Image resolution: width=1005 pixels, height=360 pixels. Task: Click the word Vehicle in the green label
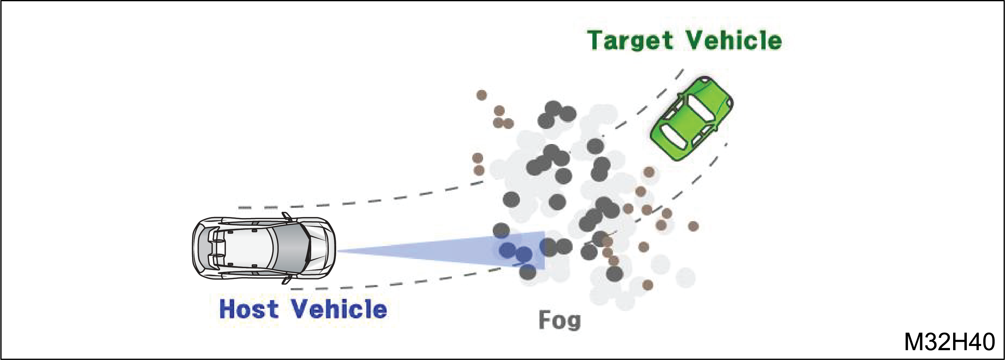[734, 40]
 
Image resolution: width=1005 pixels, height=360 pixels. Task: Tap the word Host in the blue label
[249, 309]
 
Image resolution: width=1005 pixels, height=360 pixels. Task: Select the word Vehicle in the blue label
[339, 309]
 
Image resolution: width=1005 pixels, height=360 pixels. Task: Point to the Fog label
[560, 321]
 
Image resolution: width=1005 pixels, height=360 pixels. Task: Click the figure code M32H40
[950, 342]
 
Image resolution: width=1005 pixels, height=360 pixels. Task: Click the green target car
[691, 118]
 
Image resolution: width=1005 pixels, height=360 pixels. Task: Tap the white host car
[264, 248]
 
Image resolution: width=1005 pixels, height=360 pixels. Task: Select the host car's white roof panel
[250, 248]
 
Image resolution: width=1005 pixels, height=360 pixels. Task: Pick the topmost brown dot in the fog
[482, 95]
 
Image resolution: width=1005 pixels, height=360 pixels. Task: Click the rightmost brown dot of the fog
[693, 226]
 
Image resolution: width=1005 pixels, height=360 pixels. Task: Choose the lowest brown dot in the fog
[648, 285]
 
